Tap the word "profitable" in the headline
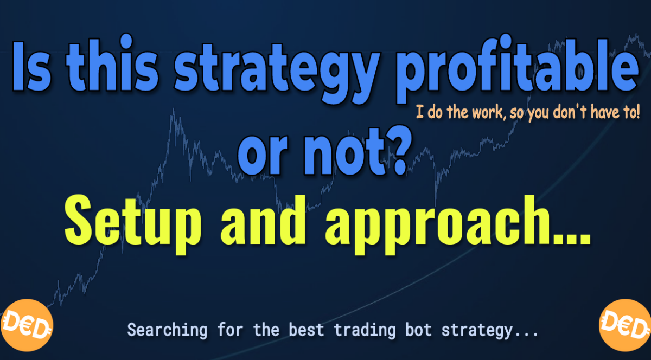[518, 68]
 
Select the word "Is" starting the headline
[31, 67]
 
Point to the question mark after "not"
[399, 151]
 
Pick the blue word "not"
[344, 152]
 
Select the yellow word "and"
[263, 220]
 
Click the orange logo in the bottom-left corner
[27, 325]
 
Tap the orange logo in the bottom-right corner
[625, 325]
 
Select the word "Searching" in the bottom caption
[168, 330]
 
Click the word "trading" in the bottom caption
[365, 330]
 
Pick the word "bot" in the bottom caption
[418, 330]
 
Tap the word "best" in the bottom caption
[307, 330]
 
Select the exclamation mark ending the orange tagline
[637, 112]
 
